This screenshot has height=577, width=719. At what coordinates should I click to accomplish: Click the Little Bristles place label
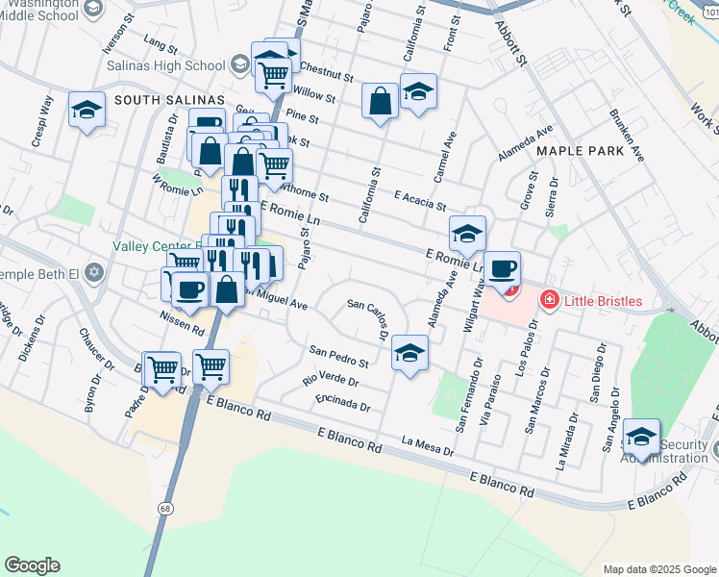tap(615, 301)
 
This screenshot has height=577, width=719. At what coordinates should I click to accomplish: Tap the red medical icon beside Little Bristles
tap(549, 301)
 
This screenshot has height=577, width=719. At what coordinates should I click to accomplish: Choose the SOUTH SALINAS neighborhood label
tap(168, 100)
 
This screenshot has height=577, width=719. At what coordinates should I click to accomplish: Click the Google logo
tap(32, 565)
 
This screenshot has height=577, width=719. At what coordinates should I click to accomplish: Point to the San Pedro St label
tap(338, 356)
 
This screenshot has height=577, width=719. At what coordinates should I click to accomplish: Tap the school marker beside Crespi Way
tap(87, 111)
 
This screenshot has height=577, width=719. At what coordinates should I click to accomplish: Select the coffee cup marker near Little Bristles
tap(501, 268)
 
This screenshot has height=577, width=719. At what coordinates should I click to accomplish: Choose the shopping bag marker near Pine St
tap(381, 99)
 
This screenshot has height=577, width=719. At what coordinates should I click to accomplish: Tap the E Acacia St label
tap(420, 200)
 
